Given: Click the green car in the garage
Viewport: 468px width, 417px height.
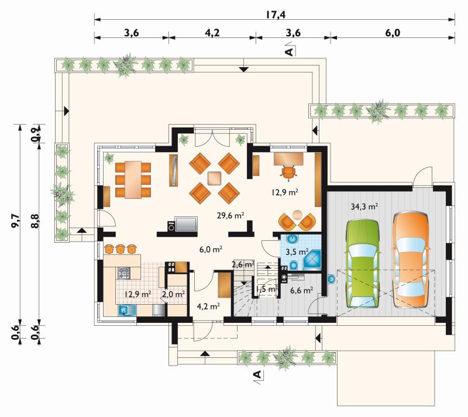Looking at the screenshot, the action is (363, 264).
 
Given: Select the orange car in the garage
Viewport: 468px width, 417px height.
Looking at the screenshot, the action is (411, 260).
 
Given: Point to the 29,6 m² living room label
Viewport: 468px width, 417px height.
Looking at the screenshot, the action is (230, 215).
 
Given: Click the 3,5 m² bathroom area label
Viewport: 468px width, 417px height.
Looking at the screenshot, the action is (297, 252).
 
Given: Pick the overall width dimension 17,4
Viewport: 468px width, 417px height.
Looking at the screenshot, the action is (276, 14).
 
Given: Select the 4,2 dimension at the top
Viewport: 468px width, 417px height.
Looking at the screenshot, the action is (212, 33).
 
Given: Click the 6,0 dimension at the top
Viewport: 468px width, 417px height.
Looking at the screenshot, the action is (393, 33).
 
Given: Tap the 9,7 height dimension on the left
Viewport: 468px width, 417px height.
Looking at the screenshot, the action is (15, 221).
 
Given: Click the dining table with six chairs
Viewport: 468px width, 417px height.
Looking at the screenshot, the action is (133, 180).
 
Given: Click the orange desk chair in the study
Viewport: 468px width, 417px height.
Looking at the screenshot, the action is (289, 173).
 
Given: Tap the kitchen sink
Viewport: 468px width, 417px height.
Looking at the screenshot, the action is (127, 311).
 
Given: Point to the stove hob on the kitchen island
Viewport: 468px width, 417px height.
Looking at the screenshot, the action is (124, 273).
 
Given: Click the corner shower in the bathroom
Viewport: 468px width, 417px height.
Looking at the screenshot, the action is (312, 261).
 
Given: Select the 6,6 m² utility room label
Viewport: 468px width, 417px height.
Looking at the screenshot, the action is (301, 290).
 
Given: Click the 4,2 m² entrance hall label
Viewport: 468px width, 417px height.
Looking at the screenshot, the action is (208, 306).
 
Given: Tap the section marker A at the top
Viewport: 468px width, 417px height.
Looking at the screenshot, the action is (289, 51).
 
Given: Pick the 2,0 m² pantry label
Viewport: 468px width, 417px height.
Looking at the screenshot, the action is (173, 294).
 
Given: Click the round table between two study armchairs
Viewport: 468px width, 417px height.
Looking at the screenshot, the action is (297, 215).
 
